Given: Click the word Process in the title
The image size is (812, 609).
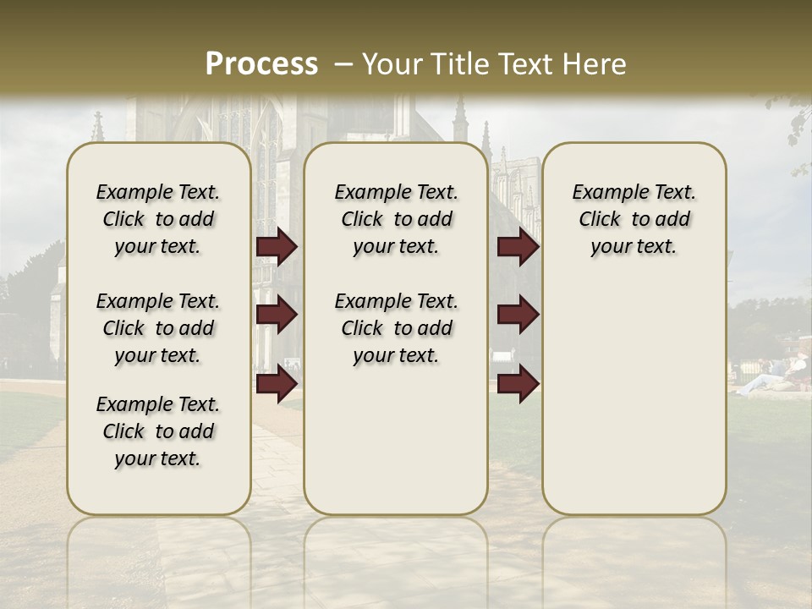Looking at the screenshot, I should (261, 64).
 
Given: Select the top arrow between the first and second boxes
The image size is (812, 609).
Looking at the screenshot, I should (277, 247).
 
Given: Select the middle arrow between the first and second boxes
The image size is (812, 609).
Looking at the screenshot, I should (277, 315).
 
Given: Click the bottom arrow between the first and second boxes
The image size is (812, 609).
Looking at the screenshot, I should (277, 384).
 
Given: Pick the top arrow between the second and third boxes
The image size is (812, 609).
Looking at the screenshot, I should (518, 247).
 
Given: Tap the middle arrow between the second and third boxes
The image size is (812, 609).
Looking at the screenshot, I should (518, 315).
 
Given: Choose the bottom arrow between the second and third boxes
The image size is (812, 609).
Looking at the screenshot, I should (518, 384).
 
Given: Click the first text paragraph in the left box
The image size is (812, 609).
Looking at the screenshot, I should (158, 219).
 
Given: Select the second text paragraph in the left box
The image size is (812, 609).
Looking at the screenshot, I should (158, 328).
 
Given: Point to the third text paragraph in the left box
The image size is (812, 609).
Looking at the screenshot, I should (158, 431).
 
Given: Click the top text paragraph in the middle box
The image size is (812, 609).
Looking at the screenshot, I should (396, 219).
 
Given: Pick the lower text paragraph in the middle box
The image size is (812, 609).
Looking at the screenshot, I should (396, 328).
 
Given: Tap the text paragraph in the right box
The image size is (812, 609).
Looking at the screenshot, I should (634, 219).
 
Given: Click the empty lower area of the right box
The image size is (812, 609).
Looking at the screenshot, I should (634, 398).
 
